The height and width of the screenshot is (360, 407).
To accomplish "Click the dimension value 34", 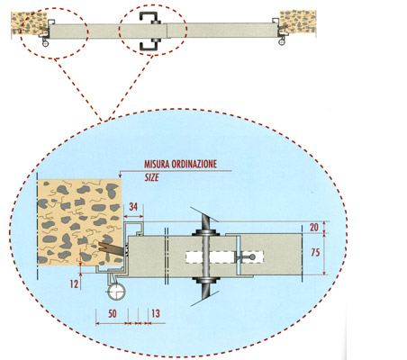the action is (133, 207).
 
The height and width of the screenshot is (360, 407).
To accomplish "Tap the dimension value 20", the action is (314, 227).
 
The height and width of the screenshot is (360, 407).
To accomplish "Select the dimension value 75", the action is (315, 253).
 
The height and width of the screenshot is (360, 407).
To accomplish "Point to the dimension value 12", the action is (74, 283).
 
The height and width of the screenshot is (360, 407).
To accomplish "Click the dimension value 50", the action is (113, 314).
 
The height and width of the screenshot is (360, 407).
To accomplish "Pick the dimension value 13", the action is (156, 314).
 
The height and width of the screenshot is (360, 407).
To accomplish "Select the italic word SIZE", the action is (151, 177).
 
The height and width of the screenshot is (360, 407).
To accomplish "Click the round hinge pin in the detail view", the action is (116, 292).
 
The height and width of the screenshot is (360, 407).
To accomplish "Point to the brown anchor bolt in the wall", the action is (111, 248).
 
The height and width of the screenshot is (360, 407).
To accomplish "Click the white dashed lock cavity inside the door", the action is (224, 256).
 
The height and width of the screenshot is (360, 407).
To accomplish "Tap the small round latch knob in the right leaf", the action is (252, 256).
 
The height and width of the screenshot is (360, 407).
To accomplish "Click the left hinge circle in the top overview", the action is (45, 44).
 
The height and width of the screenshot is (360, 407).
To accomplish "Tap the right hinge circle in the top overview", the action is (282, 42).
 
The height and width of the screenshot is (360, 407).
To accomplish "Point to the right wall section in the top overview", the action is (298, 22).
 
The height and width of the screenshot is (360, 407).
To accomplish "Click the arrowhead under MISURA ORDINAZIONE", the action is (120, 175).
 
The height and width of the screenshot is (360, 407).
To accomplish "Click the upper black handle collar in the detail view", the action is (205, 232).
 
